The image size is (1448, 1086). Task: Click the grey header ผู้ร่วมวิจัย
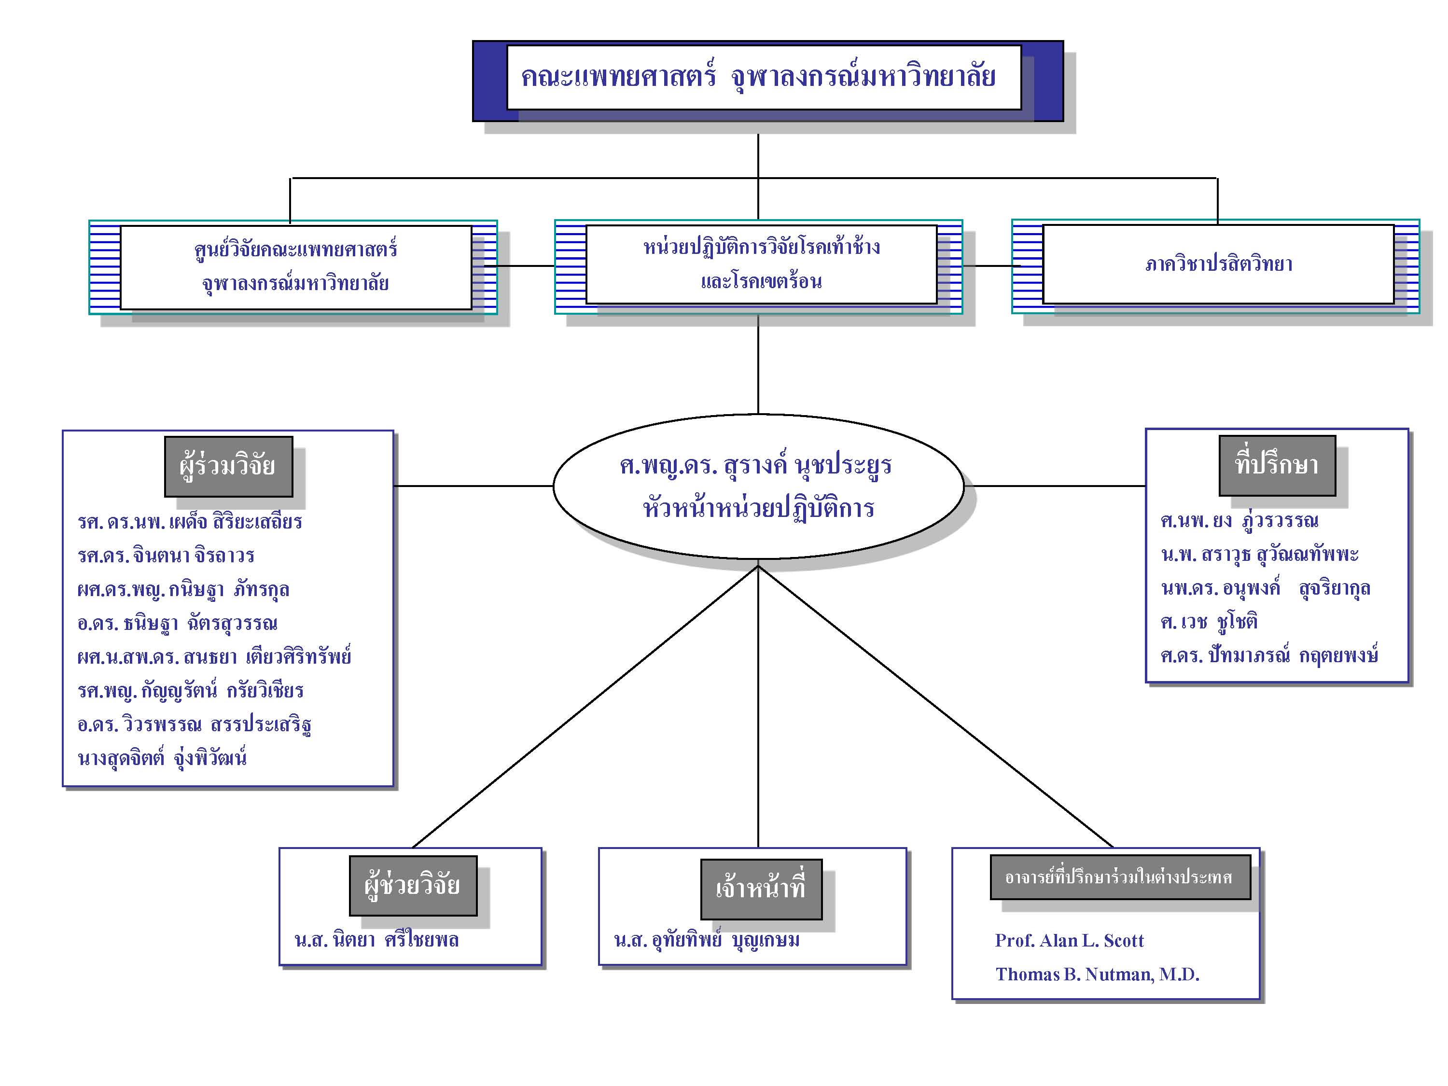(x=228, y=466)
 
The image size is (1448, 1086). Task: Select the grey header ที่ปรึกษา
(x=1277, y=465)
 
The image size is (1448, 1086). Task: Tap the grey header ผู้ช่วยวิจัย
(x=413, y=886)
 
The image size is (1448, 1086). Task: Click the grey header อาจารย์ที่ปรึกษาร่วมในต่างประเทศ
(x=1120, y=877)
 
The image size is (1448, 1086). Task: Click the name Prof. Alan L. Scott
(x=1069, y=941)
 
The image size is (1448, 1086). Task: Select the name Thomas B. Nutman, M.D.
(x=1097, y=975)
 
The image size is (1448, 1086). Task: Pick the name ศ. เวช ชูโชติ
(x=1209, y=621)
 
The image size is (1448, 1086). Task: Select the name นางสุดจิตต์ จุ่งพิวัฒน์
(x=162, y=758)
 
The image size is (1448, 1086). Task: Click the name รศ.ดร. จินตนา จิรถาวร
(x=166, y=555)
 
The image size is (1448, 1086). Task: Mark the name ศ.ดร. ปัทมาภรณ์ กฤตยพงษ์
(x=1269, y=654)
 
